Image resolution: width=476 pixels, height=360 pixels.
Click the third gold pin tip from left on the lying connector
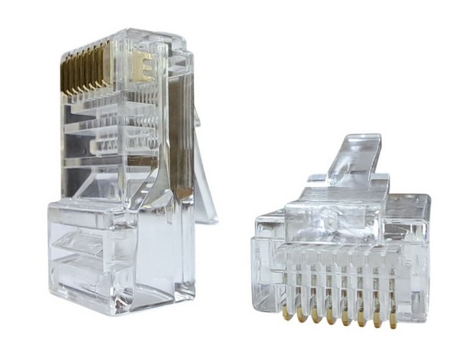coord(316,317)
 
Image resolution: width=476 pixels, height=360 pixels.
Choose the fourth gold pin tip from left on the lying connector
coord(331,319)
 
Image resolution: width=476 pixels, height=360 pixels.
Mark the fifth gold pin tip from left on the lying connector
coord(347,320)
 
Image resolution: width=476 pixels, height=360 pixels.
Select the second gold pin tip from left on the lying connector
coord(301,315)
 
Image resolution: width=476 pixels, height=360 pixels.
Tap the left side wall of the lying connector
coord(261,260)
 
